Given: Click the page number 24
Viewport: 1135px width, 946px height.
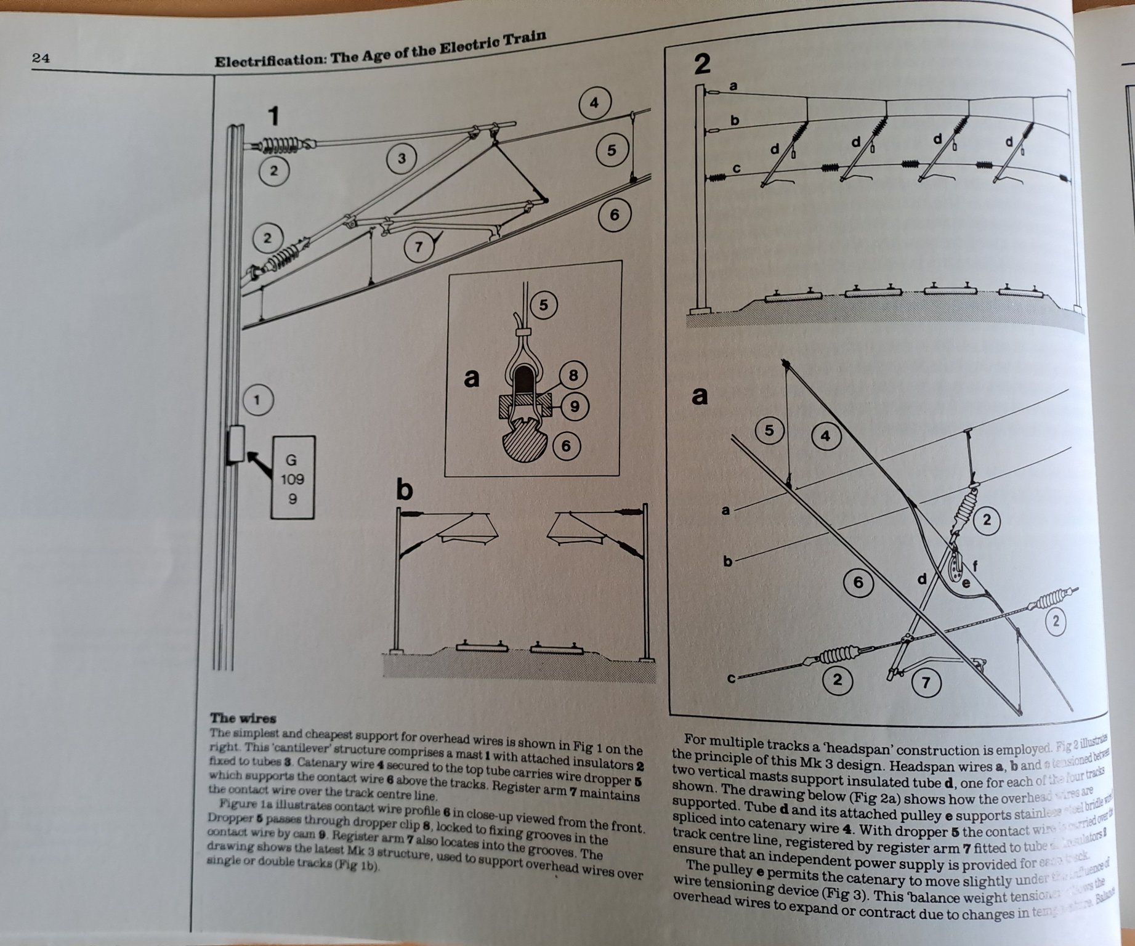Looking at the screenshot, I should tap(41, 59).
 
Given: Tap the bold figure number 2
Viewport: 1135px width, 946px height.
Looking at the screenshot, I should tap(702, 64).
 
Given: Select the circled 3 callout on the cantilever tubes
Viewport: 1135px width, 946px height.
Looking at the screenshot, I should tap(402, 159).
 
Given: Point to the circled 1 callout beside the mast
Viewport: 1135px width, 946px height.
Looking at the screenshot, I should tap(257, 400).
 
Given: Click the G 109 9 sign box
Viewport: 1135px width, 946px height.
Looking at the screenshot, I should tap(293, 478).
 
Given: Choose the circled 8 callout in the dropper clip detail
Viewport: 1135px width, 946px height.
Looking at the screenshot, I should tap(573, 375).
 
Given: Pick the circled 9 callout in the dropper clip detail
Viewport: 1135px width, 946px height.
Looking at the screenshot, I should tap(574, 406).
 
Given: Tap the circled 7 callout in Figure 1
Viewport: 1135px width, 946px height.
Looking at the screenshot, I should tap(419, 247).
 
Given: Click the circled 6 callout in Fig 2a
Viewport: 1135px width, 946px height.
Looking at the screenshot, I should tap(858, 582).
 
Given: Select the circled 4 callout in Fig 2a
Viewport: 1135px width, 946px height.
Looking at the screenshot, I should tap(825, 436).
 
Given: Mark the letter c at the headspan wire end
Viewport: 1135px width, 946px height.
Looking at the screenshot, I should tap(731, 679).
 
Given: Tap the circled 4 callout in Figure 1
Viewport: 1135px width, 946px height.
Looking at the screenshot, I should tap(594, 103).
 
